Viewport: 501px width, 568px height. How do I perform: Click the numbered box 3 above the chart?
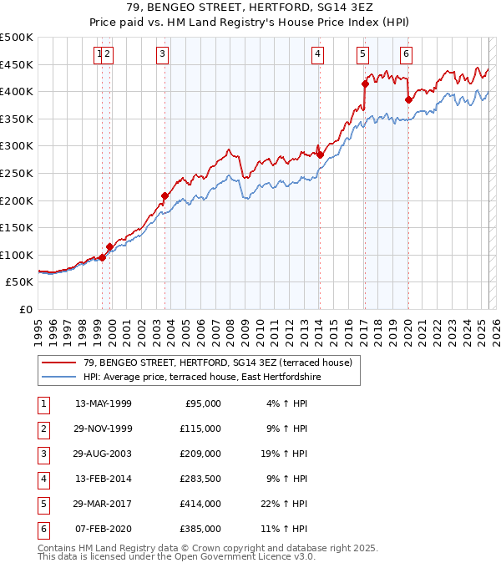pyautogui.click(x=161, y=54)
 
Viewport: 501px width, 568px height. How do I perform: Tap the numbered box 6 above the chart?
pyautogui.click(x=406, y=54)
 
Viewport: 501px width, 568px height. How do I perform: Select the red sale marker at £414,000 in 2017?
pyautogui.click(x=365, y=83)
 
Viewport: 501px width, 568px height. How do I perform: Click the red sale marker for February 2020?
pyautogui.click(x=408, y=99)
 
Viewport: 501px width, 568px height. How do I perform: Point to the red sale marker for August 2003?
pyautogui.click(x=164, y=195)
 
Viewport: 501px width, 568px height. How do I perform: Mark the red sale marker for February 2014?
pyautogui.click(x=320, y=155)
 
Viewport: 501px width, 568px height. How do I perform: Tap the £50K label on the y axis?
pyautogui.click(x=19, y=282)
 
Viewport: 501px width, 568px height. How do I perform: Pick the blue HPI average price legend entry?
pyautogui.click(x=202, y=378)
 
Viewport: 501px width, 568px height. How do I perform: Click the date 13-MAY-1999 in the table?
pyautogui.click(x=104, y=403)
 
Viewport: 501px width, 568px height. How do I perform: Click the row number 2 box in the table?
pyautogui.click(x=41, y=429)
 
